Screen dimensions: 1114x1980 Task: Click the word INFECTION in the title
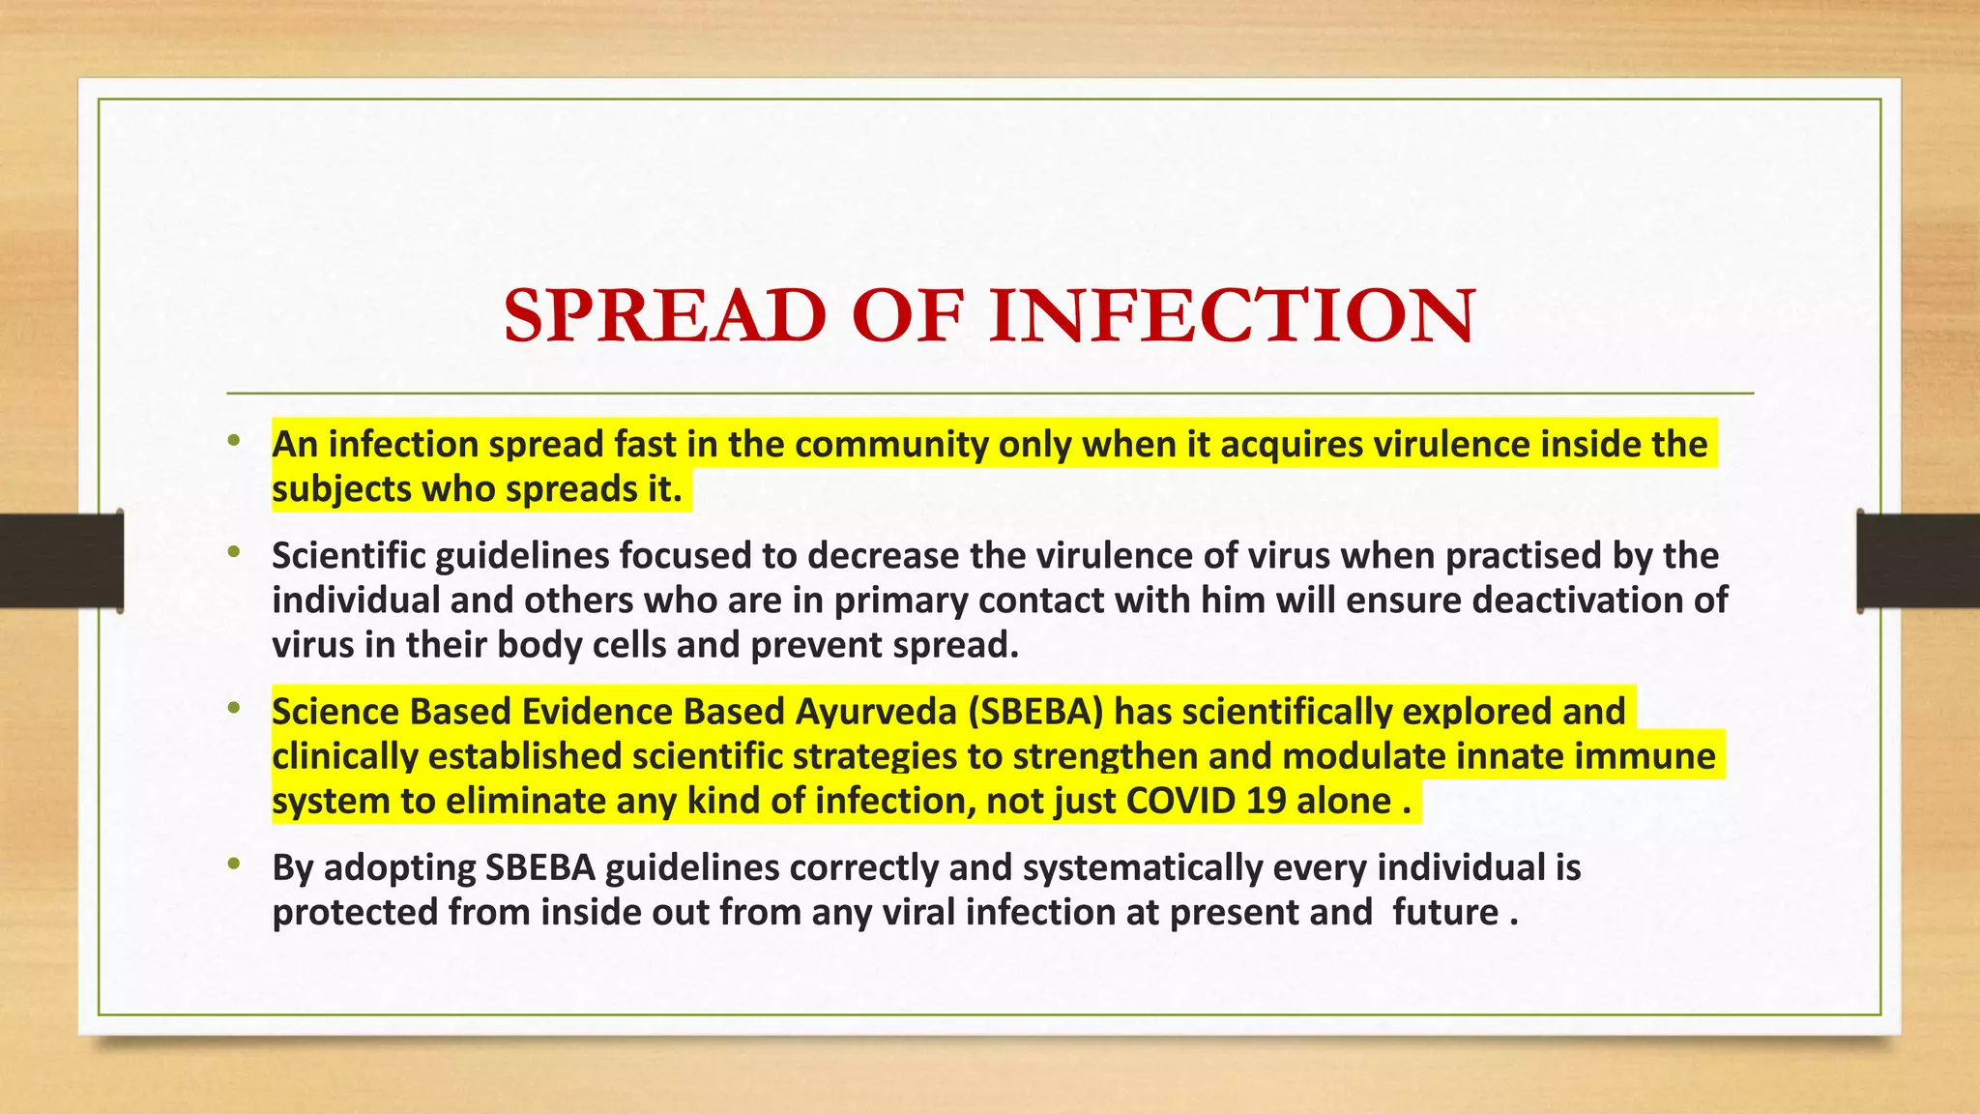(x=1232, y=316)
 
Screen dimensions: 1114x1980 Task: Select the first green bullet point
(x=233, y=442)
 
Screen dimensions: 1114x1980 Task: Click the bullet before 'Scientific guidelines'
(x=233, y=553)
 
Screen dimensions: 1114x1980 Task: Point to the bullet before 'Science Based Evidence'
(x=233, y=709)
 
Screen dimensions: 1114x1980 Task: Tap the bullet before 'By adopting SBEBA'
(x=233, y=865)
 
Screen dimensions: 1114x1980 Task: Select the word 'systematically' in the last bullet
(x=1142, y=867)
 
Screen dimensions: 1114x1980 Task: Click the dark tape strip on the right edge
(x=1918, y=561)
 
